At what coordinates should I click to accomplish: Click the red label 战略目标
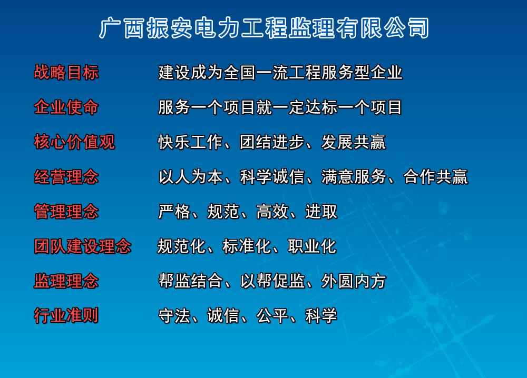pyautogui.click(x=66, y=72)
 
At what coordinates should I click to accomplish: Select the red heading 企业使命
pyautogui.click(x=66, y=107)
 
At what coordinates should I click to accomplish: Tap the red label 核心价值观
pyautogui.click(x=74, y=142)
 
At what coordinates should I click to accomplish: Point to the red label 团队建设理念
pyautogui.click(x=83, y=246)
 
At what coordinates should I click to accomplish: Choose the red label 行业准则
pyautogui.click(x=66, y=315)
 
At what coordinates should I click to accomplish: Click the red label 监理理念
pyautogui.click(x=66, y=281)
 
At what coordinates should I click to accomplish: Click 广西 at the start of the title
pyautogui.click(x=122, y=28)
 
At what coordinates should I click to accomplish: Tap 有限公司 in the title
pyautogui.click(x=383, y=28)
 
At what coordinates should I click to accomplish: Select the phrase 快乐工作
pyautogui.click(x=190, y=142)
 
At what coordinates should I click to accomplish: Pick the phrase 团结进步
pyautogui.click(x=272, y=142)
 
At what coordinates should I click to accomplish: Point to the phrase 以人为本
pyautogui.click(x=190, y=177)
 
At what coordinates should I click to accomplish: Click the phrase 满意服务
pyautogui.click(x=354, y=177)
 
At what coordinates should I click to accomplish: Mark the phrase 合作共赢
pyautogui.click(x=436, y=177)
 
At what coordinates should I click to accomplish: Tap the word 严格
pyautogui.click(x=174, y=212)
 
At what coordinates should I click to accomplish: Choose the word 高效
pyautogui.click(x=272, y=212)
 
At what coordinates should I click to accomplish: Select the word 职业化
pyautogui.click(x=312, y=246)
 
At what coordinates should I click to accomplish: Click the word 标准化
pyautogui.click(x=247, y=246)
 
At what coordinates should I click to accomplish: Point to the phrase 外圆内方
pyautogui.click(x=354, y=281)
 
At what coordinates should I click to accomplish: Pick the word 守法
pyautogui.click(x=174, y=315)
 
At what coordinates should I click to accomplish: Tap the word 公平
pyautogui.click(x=272, y=315)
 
